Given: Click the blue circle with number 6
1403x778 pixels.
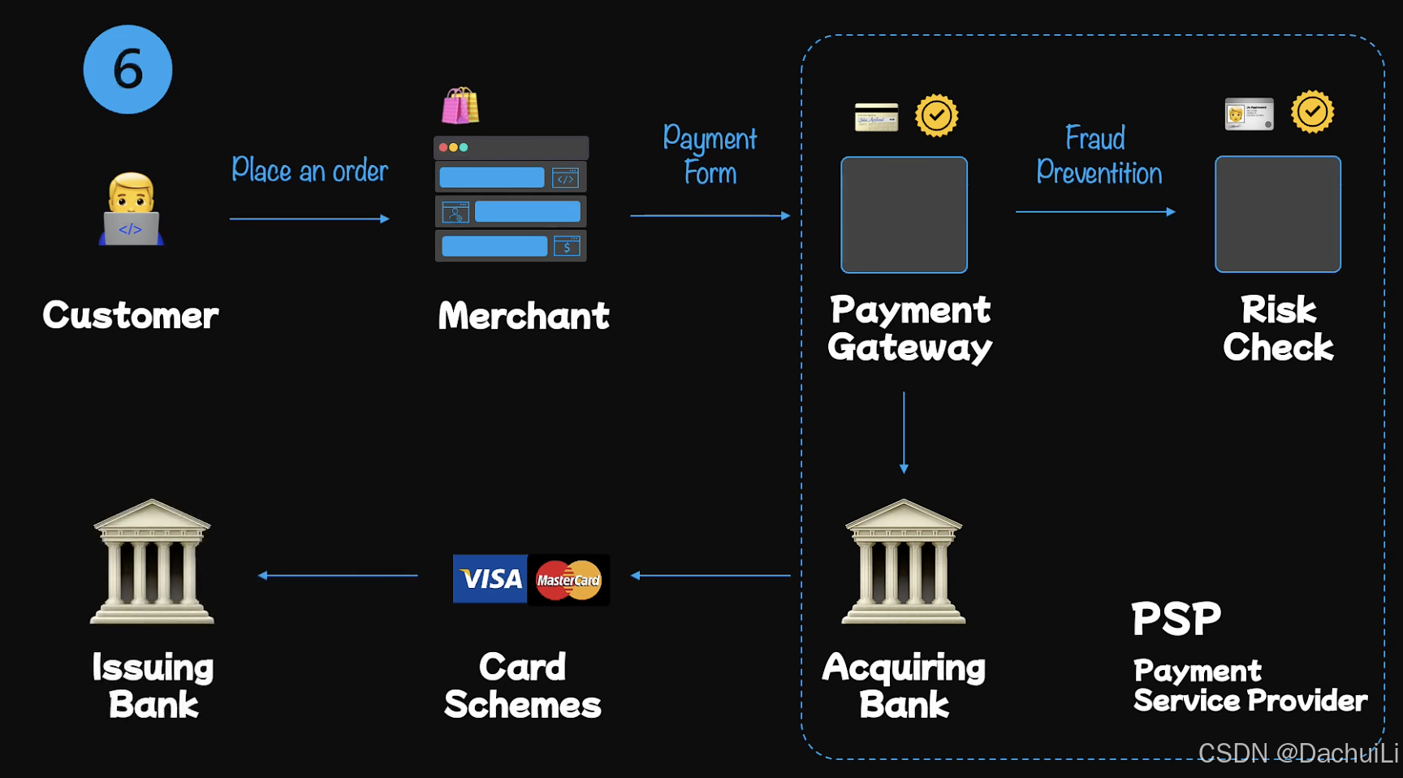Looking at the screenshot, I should pos(127,70).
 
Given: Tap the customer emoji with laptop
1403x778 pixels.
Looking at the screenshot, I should pos(131,210).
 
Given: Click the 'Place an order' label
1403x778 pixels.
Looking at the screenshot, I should pos(309,171).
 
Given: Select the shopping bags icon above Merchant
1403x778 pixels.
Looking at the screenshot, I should pos(460,106).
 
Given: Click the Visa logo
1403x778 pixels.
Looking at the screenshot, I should pos(490,579).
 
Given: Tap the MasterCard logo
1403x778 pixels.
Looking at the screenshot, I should pos(568,580).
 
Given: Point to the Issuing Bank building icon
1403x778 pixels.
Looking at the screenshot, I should pos(152,562).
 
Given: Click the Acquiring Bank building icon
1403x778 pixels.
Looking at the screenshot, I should pos(904,562).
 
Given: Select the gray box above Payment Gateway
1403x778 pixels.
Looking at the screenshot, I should pos(904,214).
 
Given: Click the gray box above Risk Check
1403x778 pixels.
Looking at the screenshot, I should pos(1277,214).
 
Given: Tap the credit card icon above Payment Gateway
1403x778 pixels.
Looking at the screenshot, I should pos(876,117).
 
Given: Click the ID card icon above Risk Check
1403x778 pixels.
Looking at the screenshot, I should pos(1249,115).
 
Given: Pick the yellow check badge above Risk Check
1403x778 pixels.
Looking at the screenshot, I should pos(1312,112).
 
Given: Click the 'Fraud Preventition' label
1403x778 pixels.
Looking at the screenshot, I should pos(1099,155).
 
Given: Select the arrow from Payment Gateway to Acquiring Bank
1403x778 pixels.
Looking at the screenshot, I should pos(904,432).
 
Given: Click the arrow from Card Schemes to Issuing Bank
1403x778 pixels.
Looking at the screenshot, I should pos(338,576).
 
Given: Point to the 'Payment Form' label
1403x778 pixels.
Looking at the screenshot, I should pos(710,155).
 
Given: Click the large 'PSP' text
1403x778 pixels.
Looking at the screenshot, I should pos(1176,619).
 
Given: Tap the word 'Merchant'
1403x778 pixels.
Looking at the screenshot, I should pos(524,316).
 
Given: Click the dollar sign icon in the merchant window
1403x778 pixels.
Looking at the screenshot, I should pos(567,246).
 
